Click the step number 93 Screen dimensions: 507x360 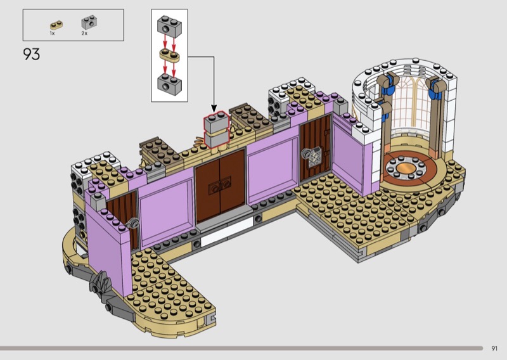31,54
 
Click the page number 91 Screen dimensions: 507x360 494,349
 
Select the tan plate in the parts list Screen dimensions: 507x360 56,25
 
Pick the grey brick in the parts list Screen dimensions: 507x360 89,22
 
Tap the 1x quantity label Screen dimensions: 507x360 52,34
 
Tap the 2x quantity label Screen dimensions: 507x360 84,34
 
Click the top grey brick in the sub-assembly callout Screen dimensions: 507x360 169,24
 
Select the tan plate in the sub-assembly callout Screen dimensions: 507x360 169,55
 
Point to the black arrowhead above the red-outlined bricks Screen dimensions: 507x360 214,108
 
